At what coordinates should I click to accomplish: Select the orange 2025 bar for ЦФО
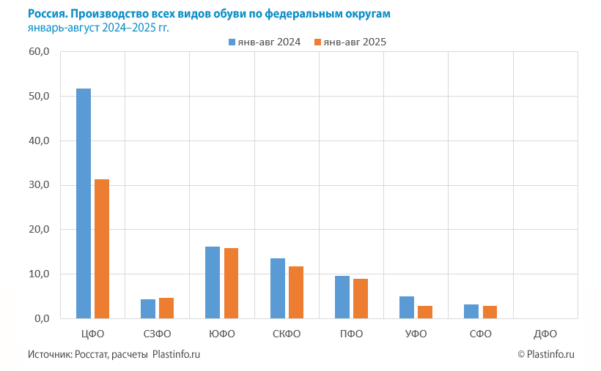point(102,249)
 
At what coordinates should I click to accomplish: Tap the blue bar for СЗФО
point(148,309)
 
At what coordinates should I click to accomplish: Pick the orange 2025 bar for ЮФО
point(231,283)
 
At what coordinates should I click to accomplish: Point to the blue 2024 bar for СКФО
point(278,288)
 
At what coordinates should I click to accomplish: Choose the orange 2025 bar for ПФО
point(361,299)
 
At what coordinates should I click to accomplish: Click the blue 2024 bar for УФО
point(407,307)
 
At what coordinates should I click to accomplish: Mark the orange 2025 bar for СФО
point(490,312)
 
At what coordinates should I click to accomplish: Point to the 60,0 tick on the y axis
point(39,52)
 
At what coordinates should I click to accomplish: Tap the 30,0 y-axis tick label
point(39,185)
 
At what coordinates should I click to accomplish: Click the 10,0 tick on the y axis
point(39,274)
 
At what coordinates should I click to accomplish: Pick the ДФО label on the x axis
point(545,334)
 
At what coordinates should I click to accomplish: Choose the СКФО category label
point(287,334)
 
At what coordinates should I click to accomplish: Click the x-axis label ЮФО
point(222,334)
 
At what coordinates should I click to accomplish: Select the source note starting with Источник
point(114,354)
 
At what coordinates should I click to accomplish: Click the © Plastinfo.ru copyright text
point(545,354)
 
